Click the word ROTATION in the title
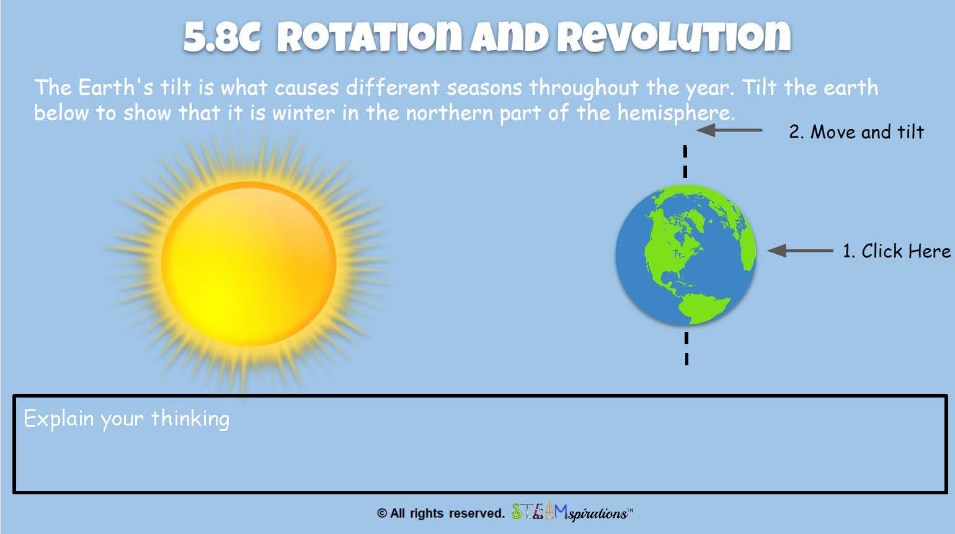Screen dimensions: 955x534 pyautogui.click(x=371, y=37)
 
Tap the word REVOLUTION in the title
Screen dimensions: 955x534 pyautogui.click(x=674, y=37)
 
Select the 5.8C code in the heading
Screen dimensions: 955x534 pyautogui.click(x=221, y=37)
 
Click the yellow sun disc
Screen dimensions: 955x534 pyautogui.click(x=249, y=264)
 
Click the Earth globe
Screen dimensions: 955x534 pyautogui.click(x=686, y=255)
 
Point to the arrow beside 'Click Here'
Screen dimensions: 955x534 pyautogui.click(x=800, y=251)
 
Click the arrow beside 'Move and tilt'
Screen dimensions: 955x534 pyautogui.click(x=729, y=130)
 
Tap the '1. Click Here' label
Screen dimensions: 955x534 pyautogui.click(x=897, y=251)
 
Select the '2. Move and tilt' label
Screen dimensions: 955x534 pyautogui.click(x=856, y=131)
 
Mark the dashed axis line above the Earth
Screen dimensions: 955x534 pyautogui.click(x=685, y=162)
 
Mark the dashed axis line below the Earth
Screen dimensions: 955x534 pyautogui.click(x=686, y=349)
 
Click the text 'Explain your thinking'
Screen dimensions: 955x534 pyautogui.click(x=127, y=419)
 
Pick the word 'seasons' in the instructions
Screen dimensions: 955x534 pyautogui.click(x=484, y=88)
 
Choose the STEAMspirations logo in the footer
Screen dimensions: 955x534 pyautogui.click(x=572, y=512)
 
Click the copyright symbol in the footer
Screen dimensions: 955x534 pyautogui.click(x=381, y=513)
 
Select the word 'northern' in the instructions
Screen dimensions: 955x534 pyautogui.click(x=450, y=113)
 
